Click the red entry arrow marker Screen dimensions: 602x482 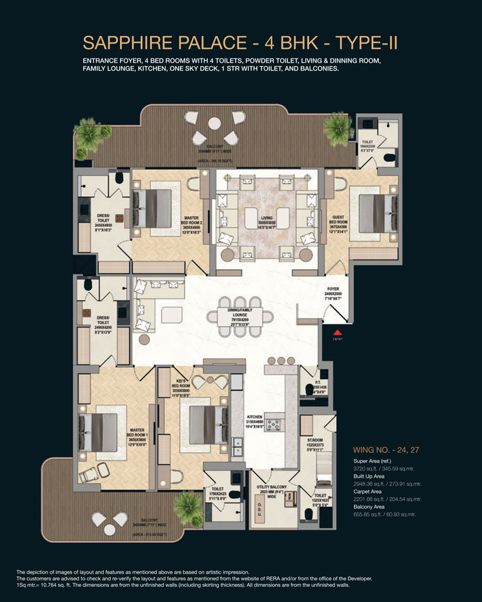click(337, 332)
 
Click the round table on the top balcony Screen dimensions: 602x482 click(214, 124)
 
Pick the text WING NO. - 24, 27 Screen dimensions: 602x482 click(381, 449)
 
